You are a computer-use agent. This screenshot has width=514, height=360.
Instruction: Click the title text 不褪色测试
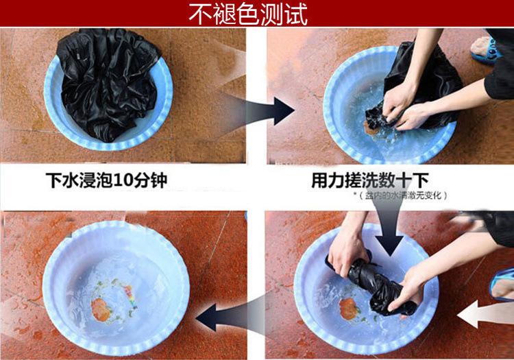point(248,14)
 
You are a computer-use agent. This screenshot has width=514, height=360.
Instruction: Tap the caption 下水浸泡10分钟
point(106,180)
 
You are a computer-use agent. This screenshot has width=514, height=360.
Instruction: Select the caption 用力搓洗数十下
point(370,180)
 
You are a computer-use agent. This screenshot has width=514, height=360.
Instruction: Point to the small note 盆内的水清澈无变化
point(403,195)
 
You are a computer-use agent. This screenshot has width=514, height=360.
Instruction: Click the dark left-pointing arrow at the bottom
point(230,316)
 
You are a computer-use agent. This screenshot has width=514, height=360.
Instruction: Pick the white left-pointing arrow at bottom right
point(485,314)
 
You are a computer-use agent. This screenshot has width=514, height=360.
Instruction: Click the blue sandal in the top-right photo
point(486,50)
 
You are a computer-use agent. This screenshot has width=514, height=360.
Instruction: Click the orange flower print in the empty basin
point(101,309)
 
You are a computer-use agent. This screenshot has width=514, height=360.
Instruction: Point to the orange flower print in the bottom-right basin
point(349,309)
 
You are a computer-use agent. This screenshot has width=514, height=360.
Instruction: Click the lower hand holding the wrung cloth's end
point(406,289)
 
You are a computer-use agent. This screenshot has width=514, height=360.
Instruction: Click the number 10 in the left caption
point(123,180)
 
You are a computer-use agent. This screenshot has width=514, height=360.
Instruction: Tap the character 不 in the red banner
point(200,14)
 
